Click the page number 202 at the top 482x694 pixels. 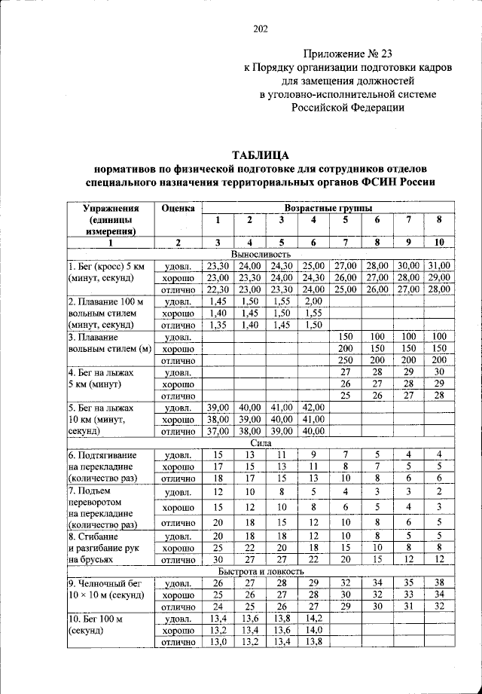[261, 29]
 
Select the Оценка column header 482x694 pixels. [177, 207]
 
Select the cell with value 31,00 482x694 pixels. [438, 266]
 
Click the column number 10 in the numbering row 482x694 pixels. [438, 242]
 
